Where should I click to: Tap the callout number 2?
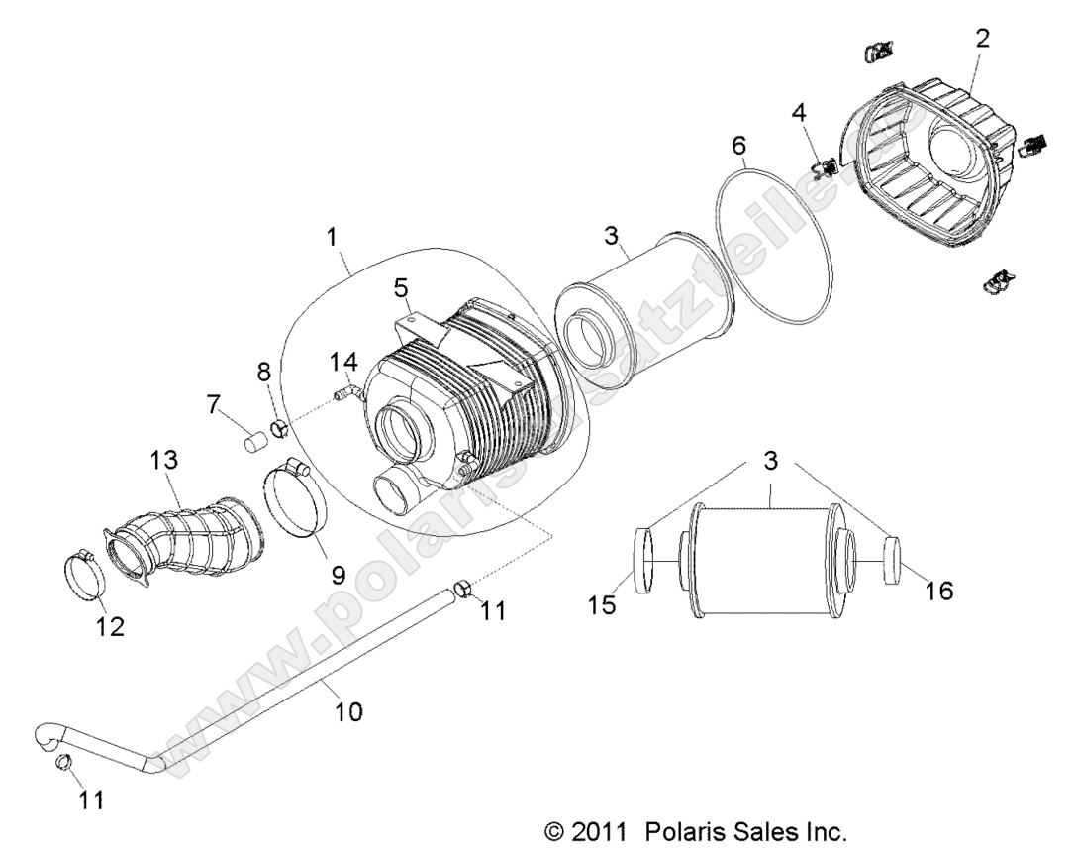[x=981, y=39]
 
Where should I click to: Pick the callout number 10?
[x=349, y=710]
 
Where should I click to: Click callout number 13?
[x=163, y=461]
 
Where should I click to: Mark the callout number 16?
[x=938, y=591]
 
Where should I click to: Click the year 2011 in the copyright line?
[x=599, y=831]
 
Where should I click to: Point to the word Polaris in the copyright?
[x=687, y=831]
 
